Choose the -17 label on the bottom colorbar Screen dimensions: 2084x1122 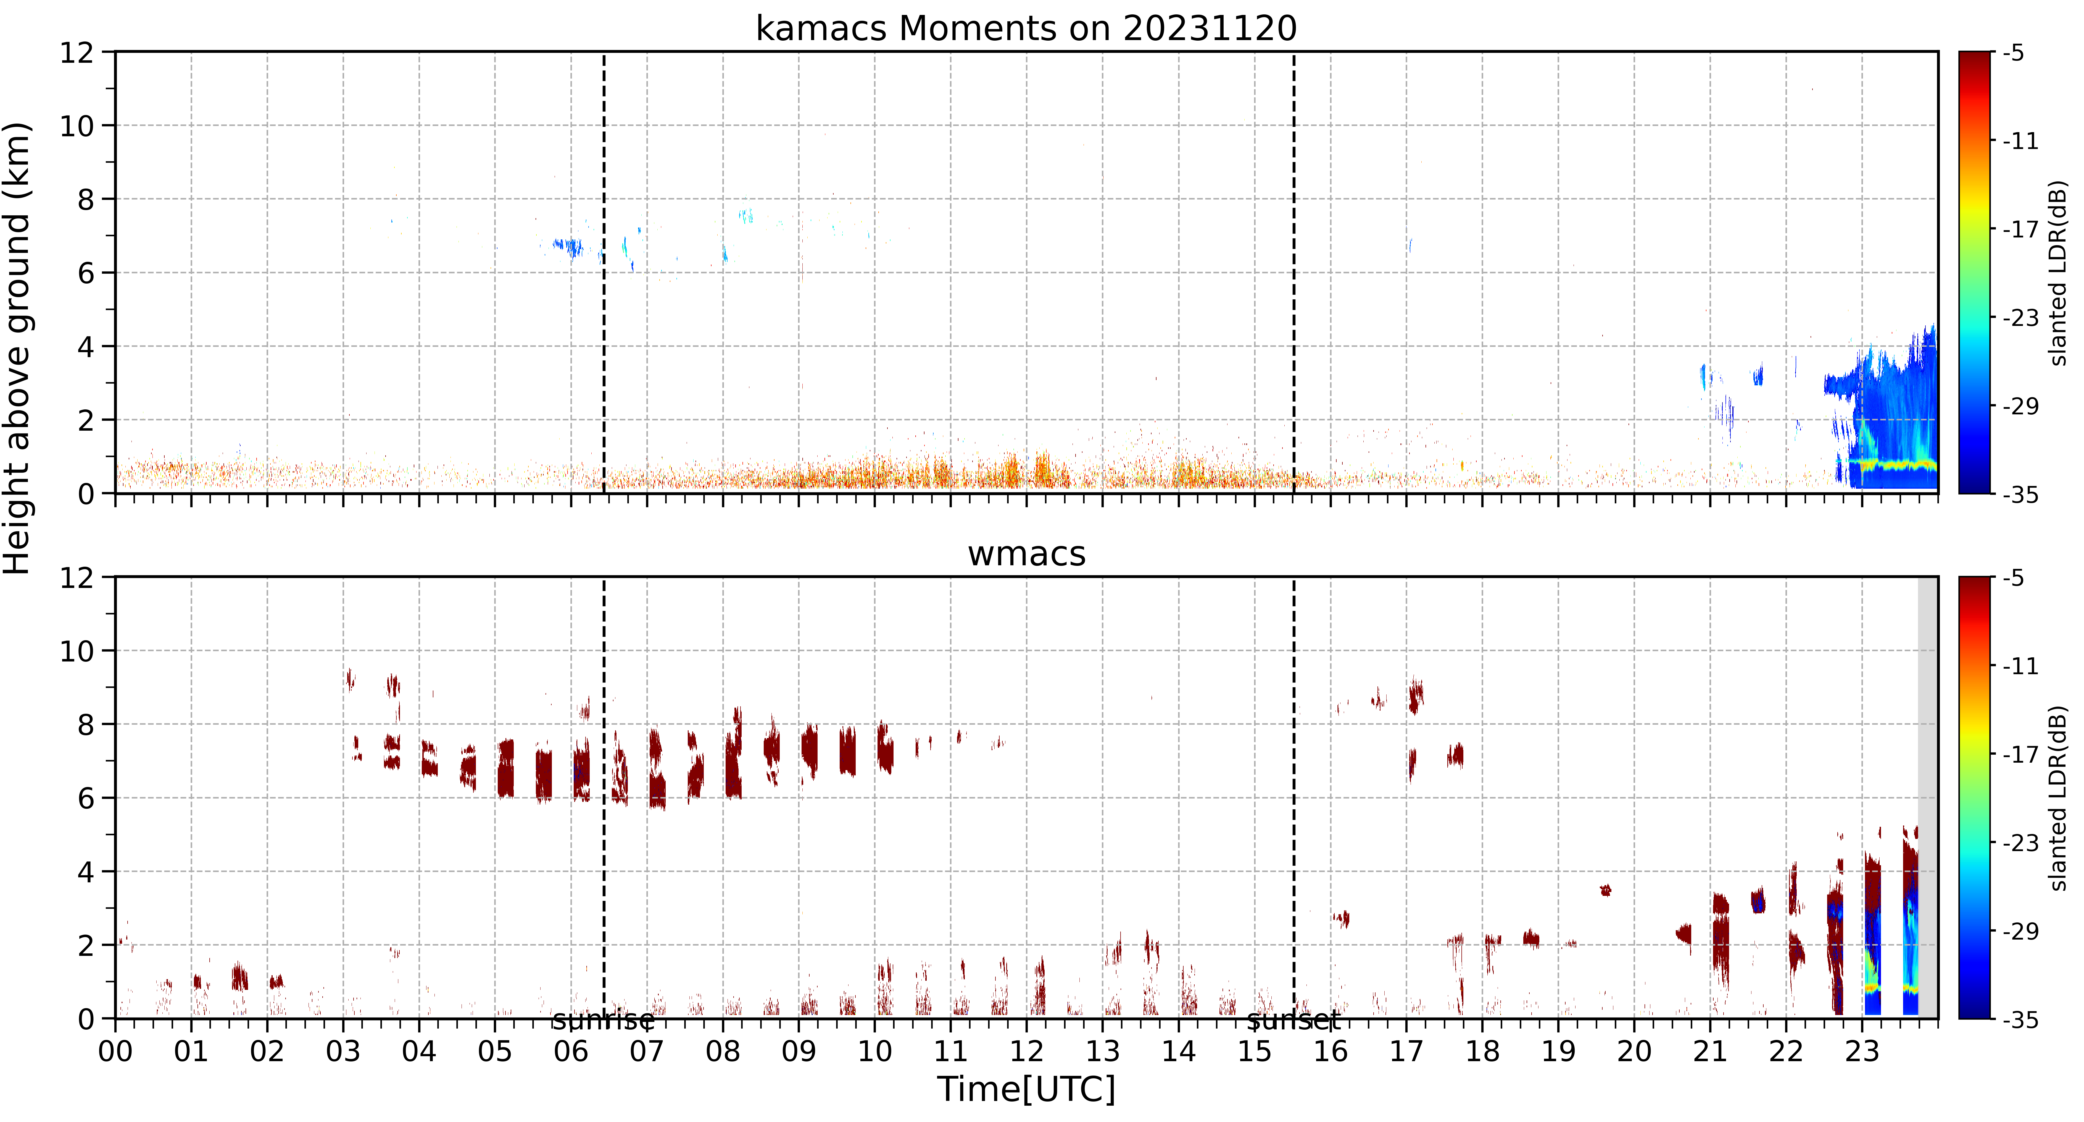tap(2020, 754)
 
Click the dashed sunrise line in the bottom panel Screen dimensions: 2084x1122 tap(604, 797)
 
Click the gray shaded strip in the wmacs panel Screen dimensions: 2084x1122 tap(1928, 797)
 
